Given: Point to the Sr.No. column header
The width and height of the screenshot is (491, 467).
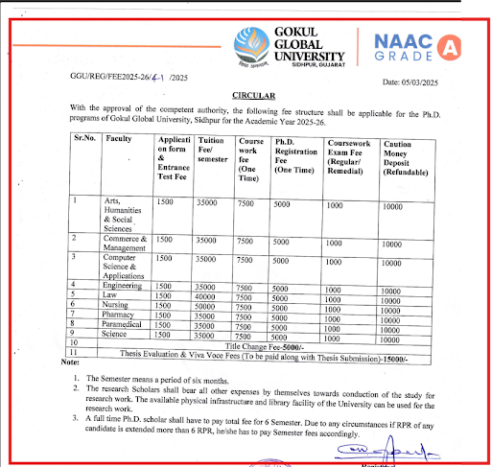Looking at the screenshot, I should coord(84,138).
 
